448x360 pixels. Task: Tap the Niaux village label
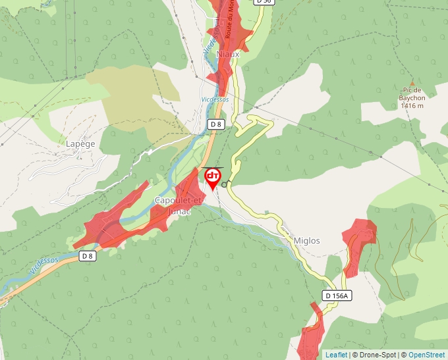coord(227,54)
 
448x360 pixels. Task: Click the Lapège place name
coord(80,143)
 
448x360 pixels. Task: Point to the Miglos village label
coord(306,241)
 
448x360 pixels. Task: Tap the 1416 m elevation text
coord(411,105)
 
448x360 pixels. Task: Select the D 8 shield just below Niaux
coord(215,124)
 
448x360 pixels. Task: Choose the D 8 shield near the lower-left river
coord(88,255)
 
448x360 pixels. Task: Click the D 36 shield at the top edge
coord(264,2)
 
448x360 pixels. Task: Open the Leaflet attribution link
coord(336,355)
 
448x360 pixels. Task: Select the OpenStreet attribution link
coord(426,355)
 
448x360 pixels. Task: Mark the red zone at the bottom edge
coord(310,339)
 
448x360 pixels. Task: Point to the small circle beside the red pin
coord(225,185)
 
